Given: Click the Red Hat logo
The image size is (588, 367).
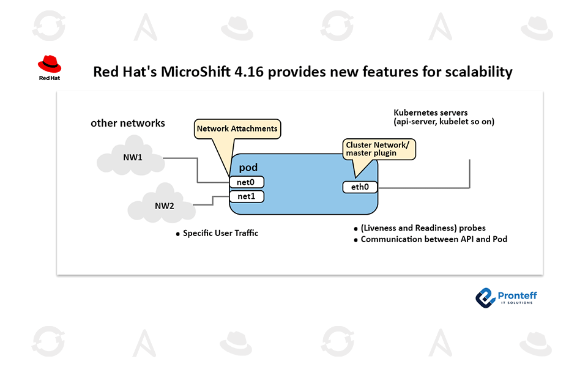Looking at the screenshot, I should (49, 67).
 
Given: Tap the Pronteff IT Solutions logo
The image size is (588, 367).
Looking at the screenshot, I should (506, 297).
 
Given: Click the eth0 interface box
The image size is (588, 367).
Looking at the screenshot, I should (359, 187).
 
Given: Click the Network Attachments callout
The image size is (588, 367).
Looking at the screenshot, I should (237, 128).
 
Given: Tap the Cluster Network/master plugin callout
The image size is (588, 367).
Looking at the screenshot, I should (379, 149).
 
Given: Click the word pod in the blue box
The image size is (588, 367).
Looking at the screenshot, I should (248, 168).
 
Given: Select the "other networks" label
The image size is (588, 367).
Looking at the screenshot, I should (128, 123).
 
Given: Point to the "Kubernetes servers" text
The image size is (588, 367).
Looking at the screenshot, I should (431, 113).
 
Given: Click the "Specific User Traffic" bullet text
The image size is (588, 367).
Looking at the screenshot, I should (220, 233).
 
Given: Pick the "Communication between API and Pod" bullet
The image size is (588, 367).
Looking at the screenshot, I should (434, 239).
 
